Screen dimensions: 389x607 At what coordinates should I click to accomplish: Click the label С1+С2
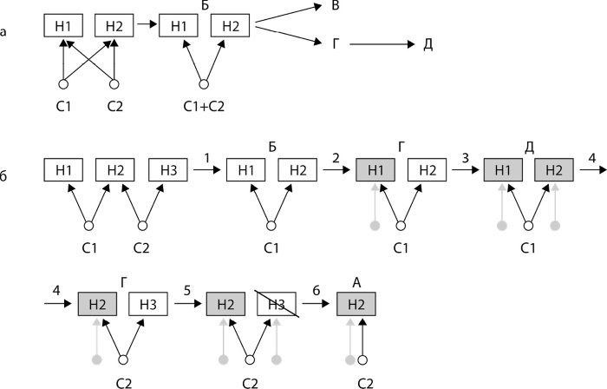coord(206,108)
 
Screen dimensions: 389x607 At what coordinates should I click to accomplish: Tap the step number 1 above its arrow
coord(209,156)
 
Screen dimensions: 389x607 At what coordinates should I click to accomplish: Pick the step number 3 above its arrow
coord(466,156)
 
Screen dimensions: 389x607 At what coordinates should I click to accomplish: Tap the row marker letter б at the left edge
coord(7,175)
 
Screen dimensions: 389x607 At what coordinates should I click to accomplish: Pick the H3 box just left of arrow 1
coord(168,171)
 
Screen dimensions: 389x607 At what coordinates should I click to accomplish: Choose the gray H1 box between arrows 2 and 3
coord(375,171)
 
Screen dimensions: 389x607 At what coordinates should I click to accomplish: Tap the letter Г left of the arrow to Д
coord(335,41)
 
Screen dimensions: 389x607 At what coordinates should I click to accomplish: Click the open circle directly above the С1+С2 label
coord(205,84)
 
